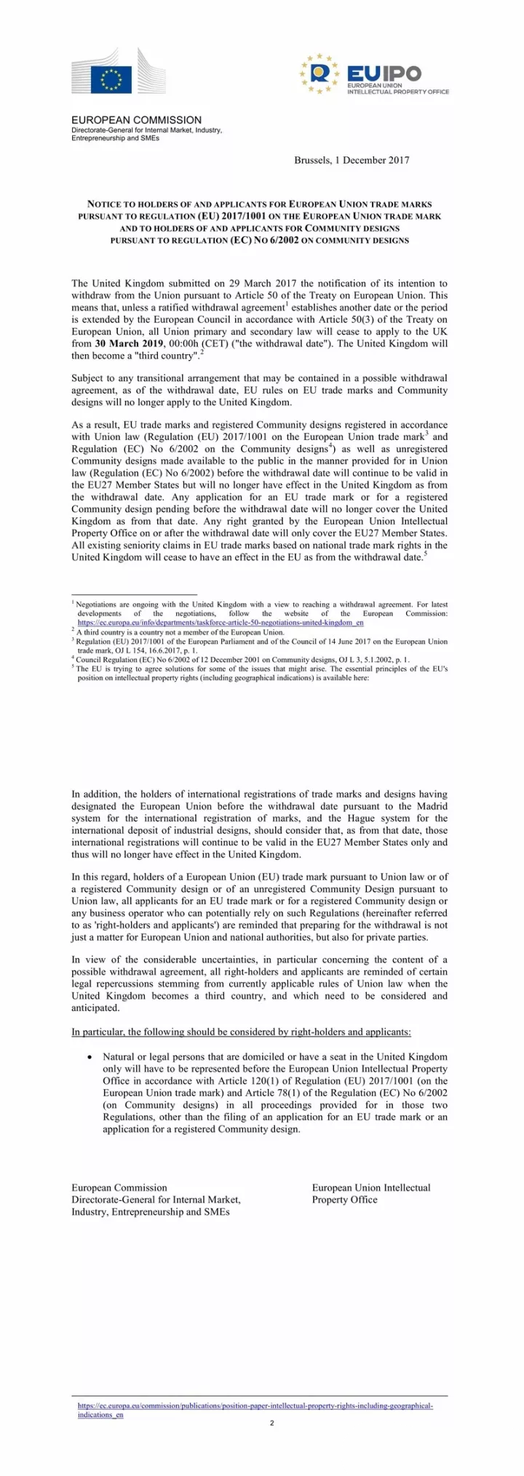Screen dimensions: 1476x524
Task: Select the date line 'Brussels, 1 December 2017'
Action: pos(352,160)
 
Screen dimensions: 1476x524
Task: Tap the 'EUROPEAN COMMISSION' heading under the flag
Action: pos(136,120)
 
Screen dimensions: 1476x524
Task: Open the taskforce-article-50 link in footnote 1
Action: pos(221,623)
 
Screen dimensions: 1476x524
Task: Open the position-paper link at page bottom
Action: pos(255,1406)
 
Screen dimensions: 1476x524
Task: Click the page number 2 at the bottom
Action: pos(271,1423)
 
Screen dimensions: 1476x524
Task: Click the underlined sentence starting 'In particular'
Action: pos(241,1032)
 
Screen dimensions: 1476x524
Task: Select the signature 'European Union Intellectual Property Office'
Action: pos(370,1193)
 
